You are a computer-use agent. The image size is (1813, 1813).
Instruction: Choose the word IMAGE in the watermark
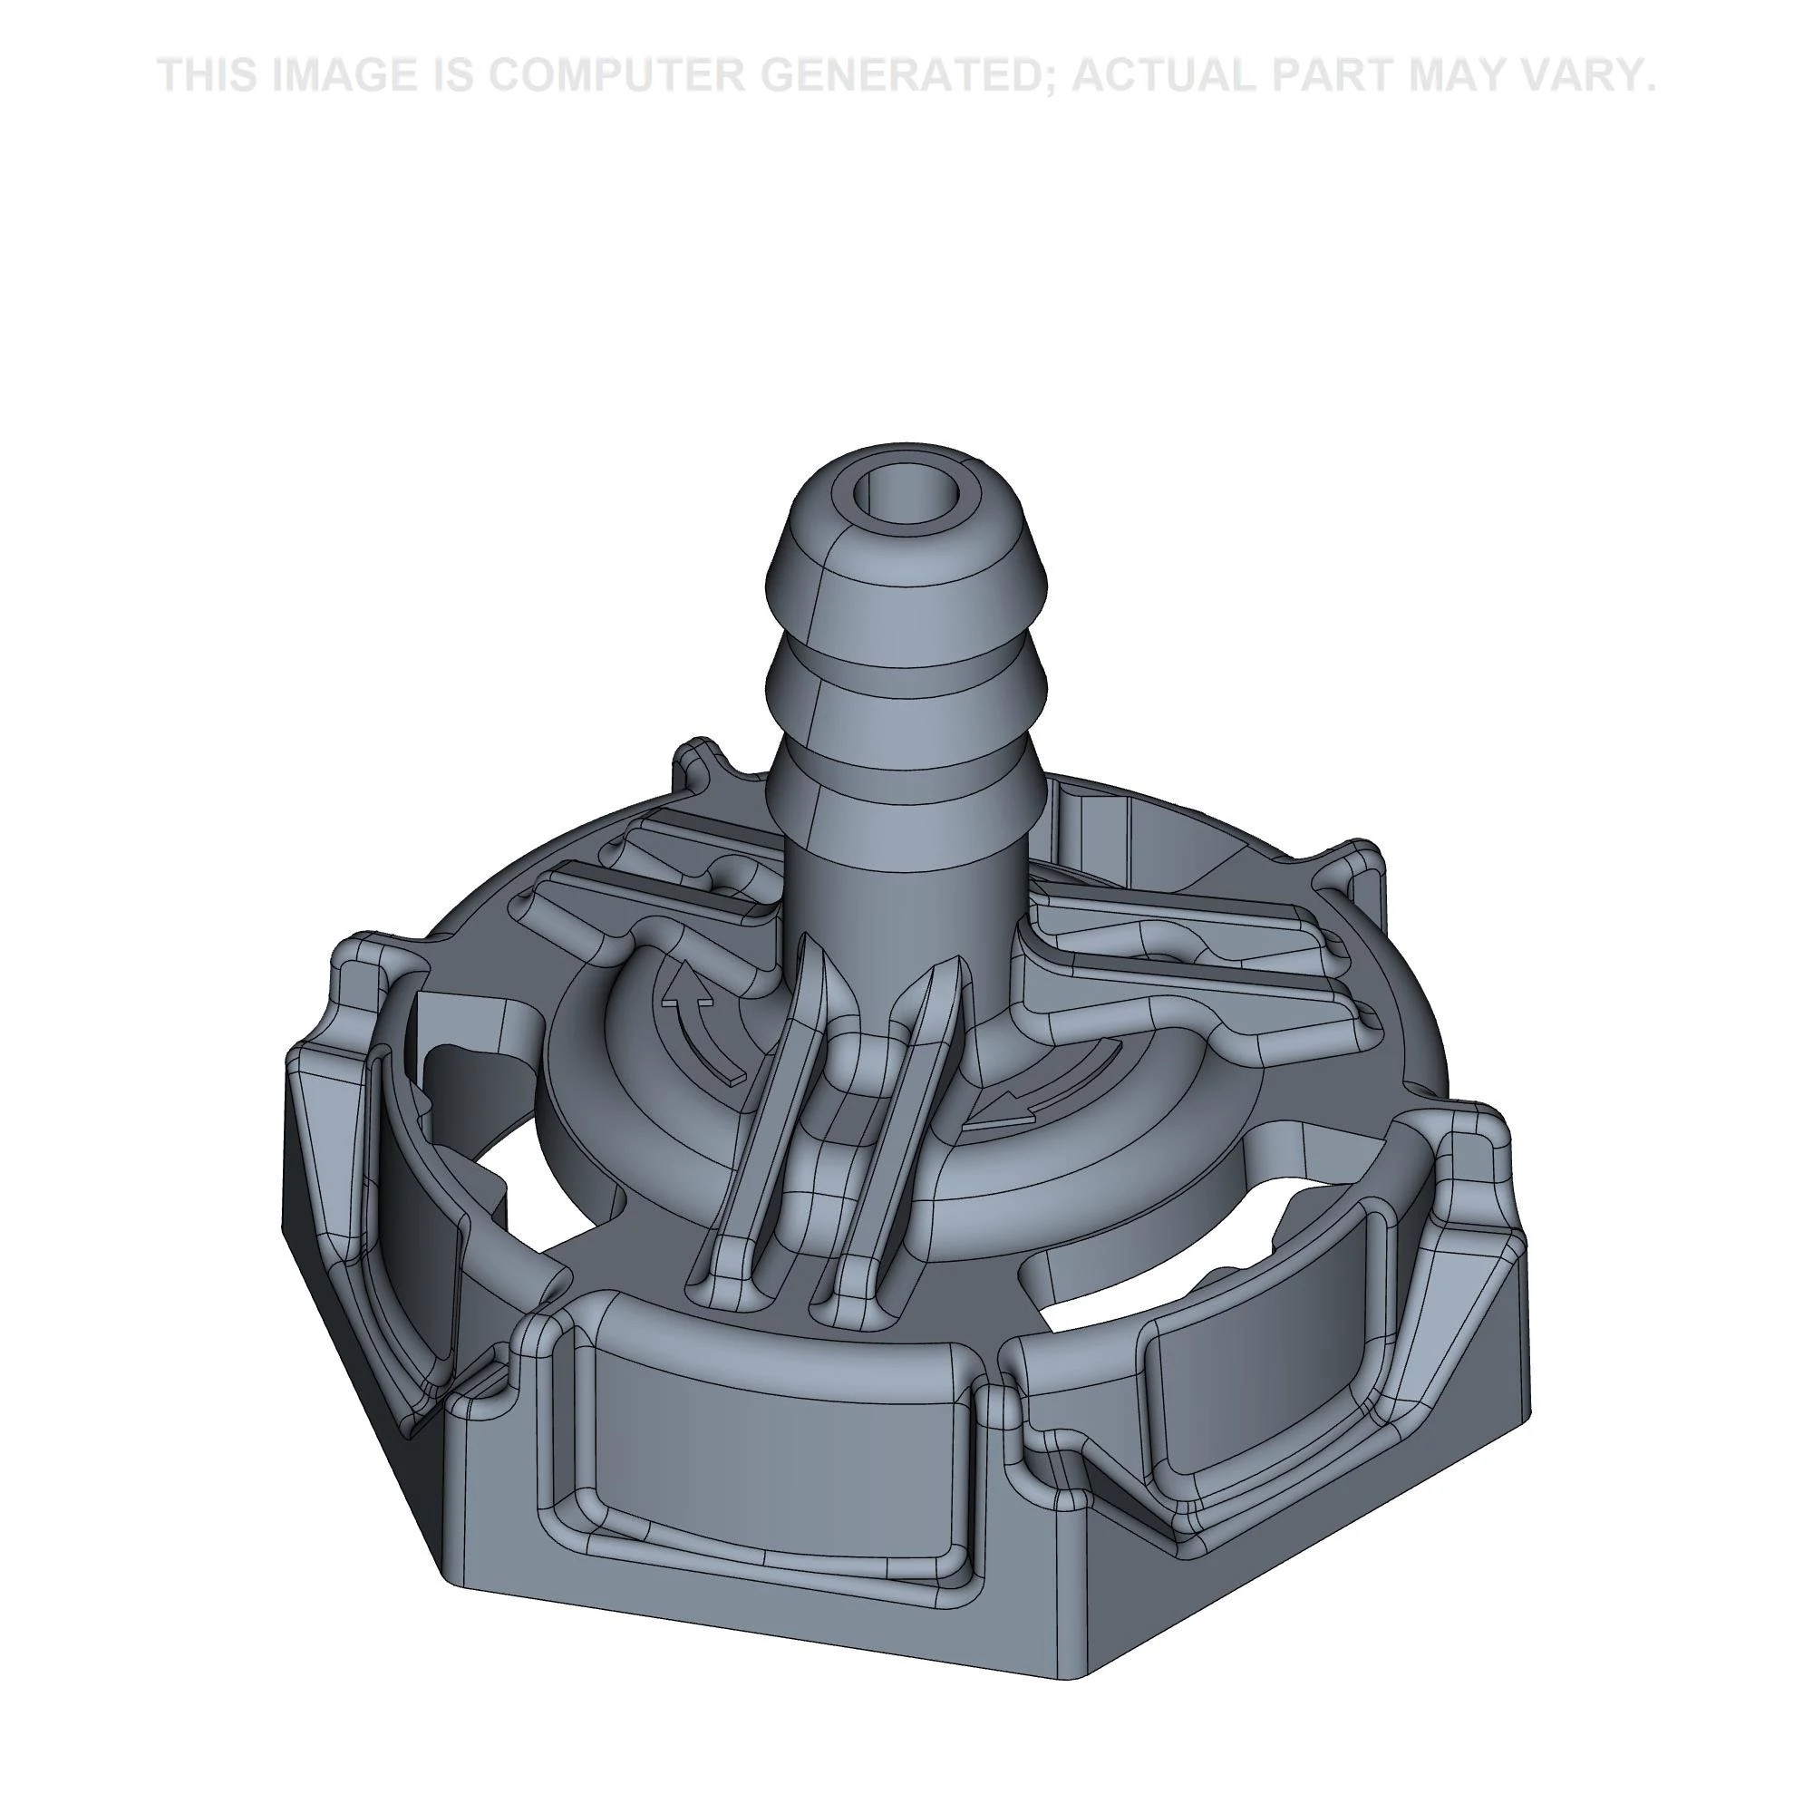tap(344, 75)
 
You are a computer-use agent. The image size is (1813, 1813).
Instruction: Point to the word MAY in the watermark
tap(1465, 75)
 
